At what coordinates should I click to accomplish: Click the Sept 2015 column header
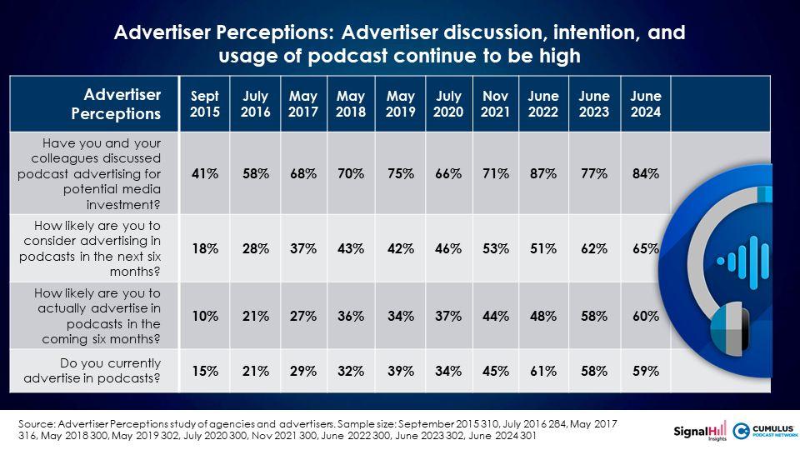(x=205, y=103)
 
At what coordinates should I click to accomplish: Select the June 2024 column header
(x=645, y=103)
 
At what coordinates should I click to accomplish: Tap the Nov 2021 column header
(x=495, y=103)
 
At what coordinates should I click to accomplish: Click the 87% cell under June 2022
(x=542, y=174)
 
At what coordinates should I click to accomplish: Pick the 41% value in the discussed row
(x=205, y=174)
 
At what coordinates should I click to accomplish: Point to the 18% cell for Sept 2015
(x=205, y=248)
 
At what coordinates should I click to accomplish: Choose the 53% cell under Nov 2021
(x=495, y=248)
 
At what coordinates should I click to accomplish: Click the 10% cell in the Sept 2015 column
(x=205, y=317)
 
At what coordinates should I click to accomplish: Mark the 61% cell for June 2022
(x=542, y=371)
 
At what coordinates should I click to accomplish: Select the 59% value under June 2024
(x=645, y=371)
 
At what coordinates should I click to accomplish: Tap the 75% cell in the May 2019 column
(x=400, y=174)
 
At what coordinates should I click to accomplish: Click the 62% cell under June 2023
(x=594, y=248)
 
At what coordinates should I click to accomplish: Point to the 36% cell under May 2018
(x=351, y=317)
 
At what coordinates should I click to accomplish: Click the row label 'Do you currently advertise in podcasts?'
(x=92, y=371)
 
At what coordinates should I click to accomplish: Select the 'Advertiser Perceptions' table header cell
(x=116, y=104)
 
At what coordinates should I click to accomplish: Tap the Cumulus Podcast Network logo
(x=764, y=431)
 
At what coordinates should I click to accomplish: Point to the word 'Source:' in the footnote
(x=36, y=424)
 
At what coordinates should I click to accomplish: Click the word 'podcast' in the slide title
(x=347, y=56)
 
